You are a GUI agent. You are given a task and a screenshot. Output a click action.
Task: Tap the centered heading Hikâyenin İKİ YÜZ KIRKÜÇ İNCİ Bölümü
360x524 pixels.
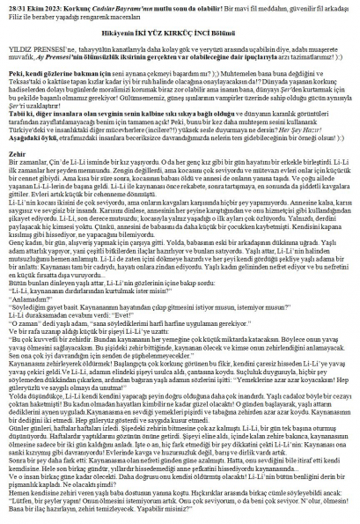pos(179,41)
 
